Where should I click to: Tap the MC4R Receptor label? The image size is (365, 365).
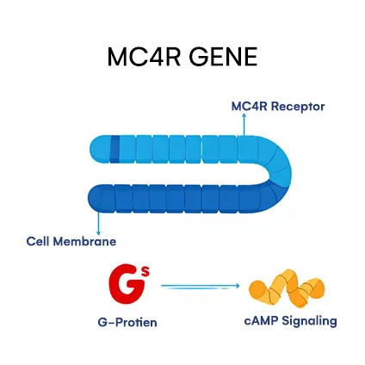[x=277, y=107]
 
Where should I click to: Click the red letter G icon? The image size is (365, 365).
[x=124, y=285]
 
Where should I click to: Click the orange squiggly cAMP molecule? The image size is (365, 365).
[x=286, y=290]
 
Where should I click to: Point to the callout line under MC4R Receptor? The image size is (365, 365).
[x=244, y=126]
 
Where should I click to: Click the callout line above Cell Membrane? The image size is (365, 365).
[x=100, y=220]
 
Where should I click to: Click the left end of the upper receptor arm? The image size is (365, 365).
[x=97, y=148]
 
